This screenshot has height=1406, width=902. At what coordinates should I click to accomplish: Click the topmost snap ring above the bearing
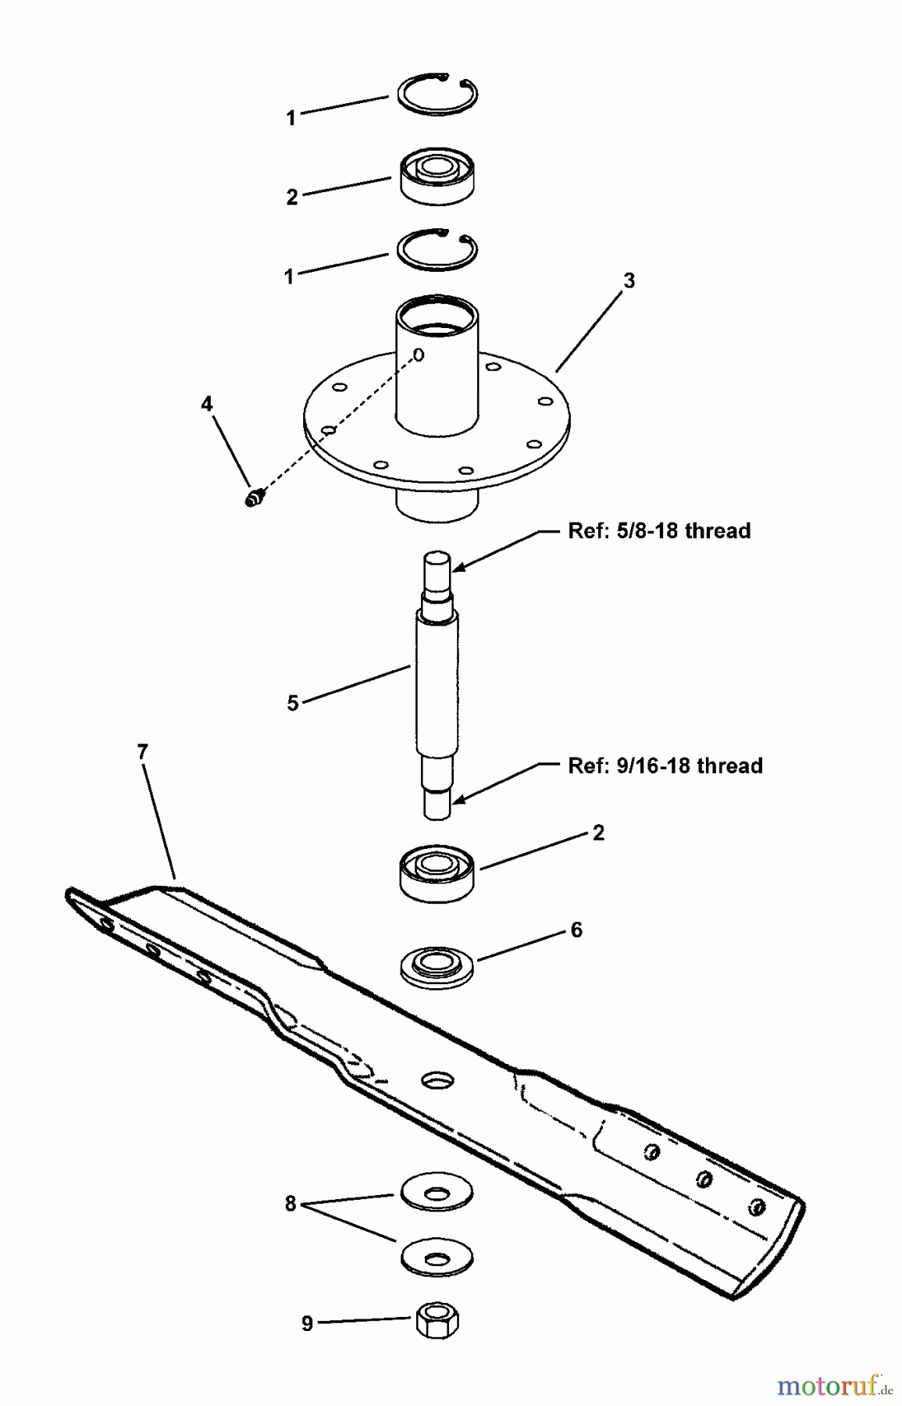pyautogui.click(x=437, y=95)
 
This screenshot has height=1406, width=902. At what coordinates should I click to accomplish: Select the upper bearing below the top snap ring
pyautogui.click(x=437, y=179)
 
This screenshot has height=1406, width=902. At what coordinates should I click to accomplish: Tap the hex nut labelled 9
pyautogui.click(x=437, y=1321)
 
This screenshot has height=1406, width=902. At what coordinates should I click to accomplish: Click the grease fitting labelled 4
pyautogui.click(x=254, y=497)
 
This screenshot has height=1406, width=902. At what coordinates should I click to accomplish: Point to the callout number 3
pyautogui.click(x=629, y=281)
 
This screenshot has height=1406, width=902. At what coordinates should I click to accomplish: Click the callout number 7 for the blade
pyautogui.click(x=142, y=752)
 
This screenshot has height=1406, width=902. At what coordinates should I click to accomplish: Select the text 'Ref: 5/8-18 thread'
pyautogui.click(x=659, y=531)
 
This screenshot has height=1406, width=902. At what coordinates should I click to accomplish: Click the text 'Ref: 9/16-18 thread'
pyautogui.click(x=665, y=765)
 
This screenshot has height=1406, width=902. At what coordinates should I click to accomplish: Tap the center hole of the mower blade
pyautogui.click(x=437, y=1080)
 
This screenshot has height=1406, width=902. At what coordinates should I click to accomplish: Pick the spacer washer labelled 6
pyautogui.click(x=437, y=966)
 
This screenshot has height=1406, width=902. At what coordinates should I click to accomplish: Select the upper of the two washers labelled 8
pyautogui.click(x=437, y=1193)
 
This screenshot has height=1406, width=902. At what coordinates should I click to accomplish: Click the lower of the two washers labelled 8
pyautogui.click(x=437, y=1257)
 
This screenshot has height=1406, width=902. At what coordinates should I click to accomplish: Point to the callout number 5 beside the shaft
pyautogui.click(x=293, y=703)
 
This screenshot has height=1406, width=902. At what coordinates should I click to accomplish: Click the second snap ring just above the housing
pyautogui.click(x=437, y=251)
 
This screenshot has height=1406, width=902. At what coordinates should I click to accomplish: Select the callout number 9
pyautogui.click(x=307, y=1323)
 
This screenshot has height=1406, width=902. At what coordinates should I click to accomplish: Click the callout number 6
pyautogui.click(x=576, y=930)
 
